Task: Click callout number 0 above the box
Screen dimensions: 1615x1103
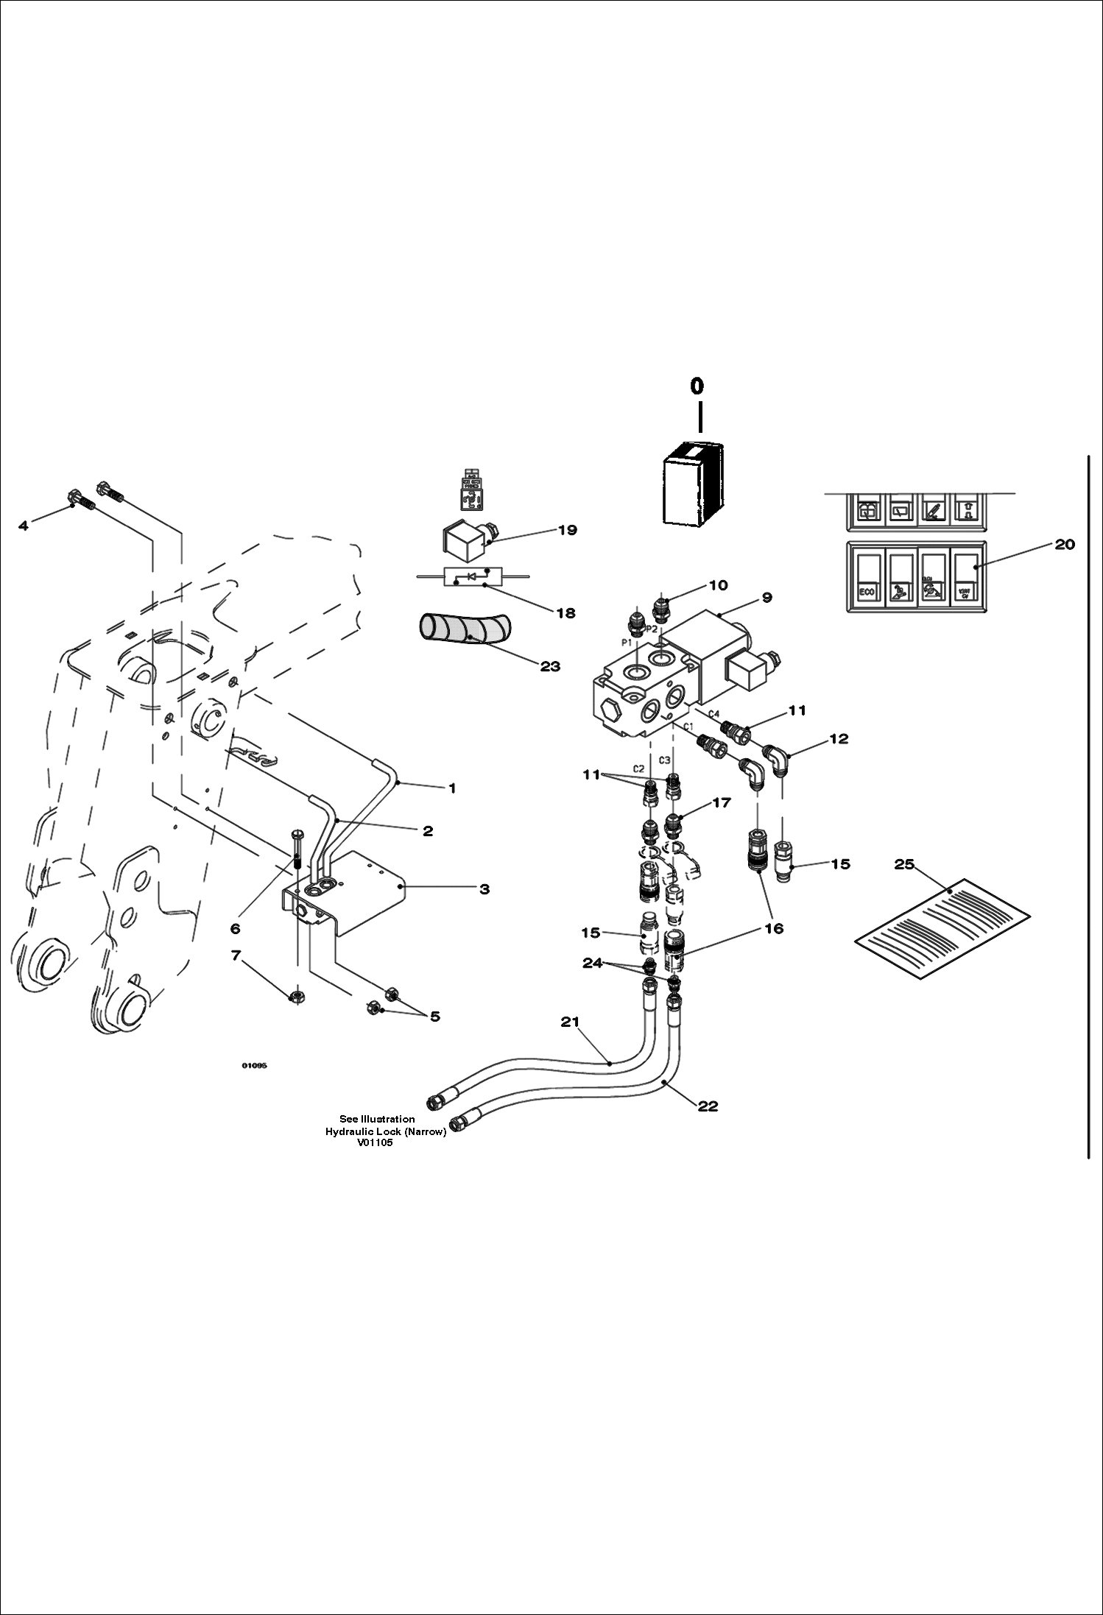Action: (696, 386)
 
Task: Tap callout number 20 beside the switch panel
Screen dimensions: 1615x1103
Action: (1065, 544)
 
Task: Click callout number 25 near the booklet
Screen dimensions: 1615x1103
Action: (903, 864)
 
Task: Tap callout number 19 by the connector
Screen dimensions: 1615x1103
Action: (567, 530)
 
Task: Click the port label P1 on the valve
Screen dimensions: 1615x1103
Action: (627, 643)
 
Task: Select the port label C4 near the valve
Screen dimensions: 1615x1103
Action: (713, 713)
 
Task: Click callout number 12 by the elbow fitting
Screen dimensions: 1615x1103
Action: (839, 738)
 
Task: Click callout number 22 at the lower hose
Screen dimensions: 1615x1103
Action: (708, 1106)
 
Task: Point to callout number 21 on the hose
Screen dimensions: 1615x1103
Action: (570, 1022)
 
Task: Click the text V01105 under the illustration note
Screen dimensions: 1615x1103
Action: (375, 1142)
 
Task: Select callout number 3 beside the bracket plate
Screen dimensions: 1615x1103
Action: (484, 889)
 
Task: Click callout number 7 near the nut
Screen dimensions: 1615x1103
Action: (236, 955)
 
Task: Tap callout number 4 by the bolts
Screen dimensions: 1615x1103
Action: (24, 526)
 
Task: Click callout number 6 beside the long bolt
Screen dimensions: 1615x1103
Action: (236, 928)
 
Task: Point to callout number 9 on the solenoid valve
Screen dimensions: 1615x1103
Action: (767, 598)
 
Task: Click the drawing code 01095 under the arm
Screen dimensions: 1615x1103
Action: (254, 1065)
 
